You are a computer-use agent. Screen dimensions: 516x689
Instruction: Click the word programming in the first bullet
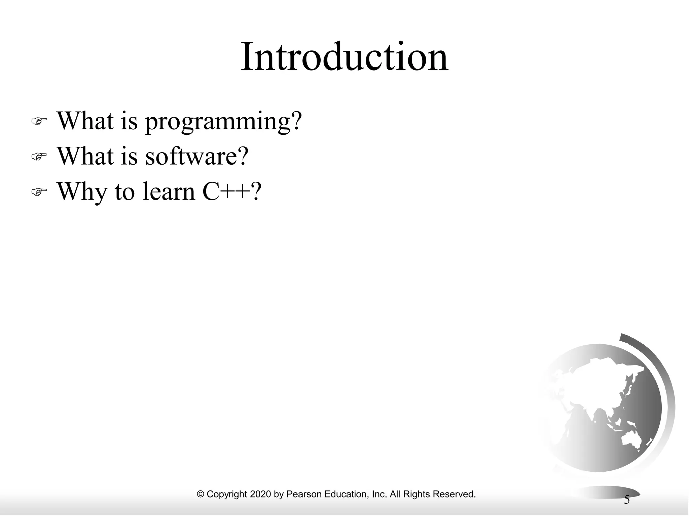217,122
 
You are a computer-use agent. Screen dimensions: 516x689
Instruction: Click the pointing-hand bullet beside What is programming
39,121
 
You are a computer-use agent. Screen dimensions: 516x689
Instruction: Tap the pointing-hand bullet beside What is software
39,157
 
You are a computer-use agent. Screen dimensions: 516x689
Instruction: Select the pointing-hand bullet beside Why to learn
39,192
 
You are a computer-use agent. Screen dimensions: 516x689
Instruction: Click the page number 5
626,500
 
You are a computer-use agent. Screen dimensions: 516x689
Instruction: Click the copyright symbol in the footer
201,494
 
